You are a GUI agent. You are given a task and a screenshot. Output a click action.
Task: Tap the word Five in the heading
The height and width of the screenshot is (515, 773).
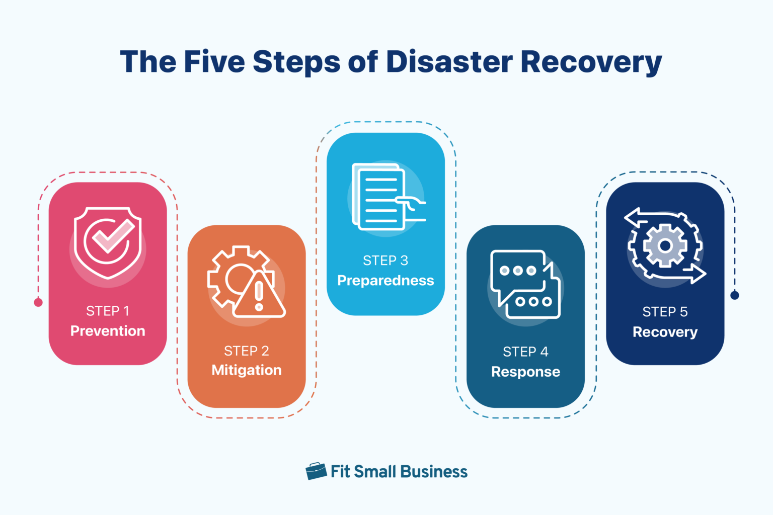[x=214, y=62]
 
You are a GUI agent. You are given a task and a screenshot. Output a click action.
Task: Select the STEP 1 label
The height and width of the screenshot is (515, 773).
[x=108, y=311]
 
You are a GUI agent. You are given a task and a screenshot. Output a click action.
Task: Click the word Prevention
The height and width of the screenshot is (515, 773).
[x=108, y=331]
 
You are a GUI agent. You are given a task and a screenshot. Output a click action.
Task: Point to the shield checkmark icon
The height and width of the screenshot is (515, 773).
[x=108, y=242]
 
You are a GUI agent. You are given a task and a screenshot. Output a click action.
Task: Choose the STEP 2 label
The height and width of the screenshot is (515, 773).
[x=247, y=351]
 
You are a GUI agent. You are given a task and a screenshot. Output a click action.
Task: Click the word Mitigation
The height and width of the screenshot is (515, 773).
[x=247, y=370]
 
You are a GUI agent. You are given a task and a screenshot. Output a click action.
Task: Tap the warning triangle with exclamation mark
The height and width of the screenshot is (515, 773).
[x=259, y=296]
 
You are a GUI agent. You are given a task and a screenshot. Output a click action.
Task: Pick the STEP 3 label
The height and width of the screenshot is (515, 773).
[x=385, y=261]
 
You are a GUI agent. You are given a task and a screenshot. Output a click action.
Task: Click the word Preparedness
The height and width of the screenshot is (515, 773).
[x=385, y=281]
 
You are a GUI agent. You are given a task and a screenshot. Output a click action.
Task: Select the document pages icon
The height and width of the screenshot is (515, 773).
[x=380, y=197]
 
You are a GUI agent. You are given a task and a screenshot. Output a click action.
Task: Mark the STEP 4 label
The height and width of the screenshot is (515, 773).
[x=525, y=352]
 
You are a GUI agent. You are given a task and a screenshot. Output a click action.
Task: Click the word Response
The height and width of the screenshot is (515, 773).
[x=525, y=372]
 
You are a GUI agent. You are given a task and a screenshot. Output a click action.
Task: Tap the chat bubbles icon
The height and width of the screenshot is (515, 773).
[x=525, y=284]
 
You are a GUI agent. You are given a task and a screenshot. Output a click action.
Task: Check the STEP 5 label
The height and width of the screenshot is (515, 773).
[x=665, y=312]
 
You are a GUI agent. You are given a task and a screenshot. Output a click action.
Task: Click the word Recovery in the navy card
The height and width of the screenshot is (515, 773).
[x=665, y=332]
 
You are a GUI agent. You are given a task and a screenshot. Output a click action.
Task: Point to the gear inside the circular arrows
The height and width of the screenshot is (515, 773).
[x=665, y=246]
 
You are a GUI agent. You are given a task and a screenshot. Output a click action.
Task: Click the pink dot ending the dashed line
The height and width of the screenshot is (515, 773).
[x=38, y=302]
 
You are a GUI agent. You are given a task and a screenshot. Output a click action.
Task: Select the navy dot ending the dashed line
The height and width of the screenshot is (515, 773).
[x=735, y=295]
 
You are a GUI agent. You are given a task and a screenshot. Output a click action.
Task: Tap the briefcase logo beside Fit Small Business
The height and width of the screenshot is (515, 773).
[x=316, y=471]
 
